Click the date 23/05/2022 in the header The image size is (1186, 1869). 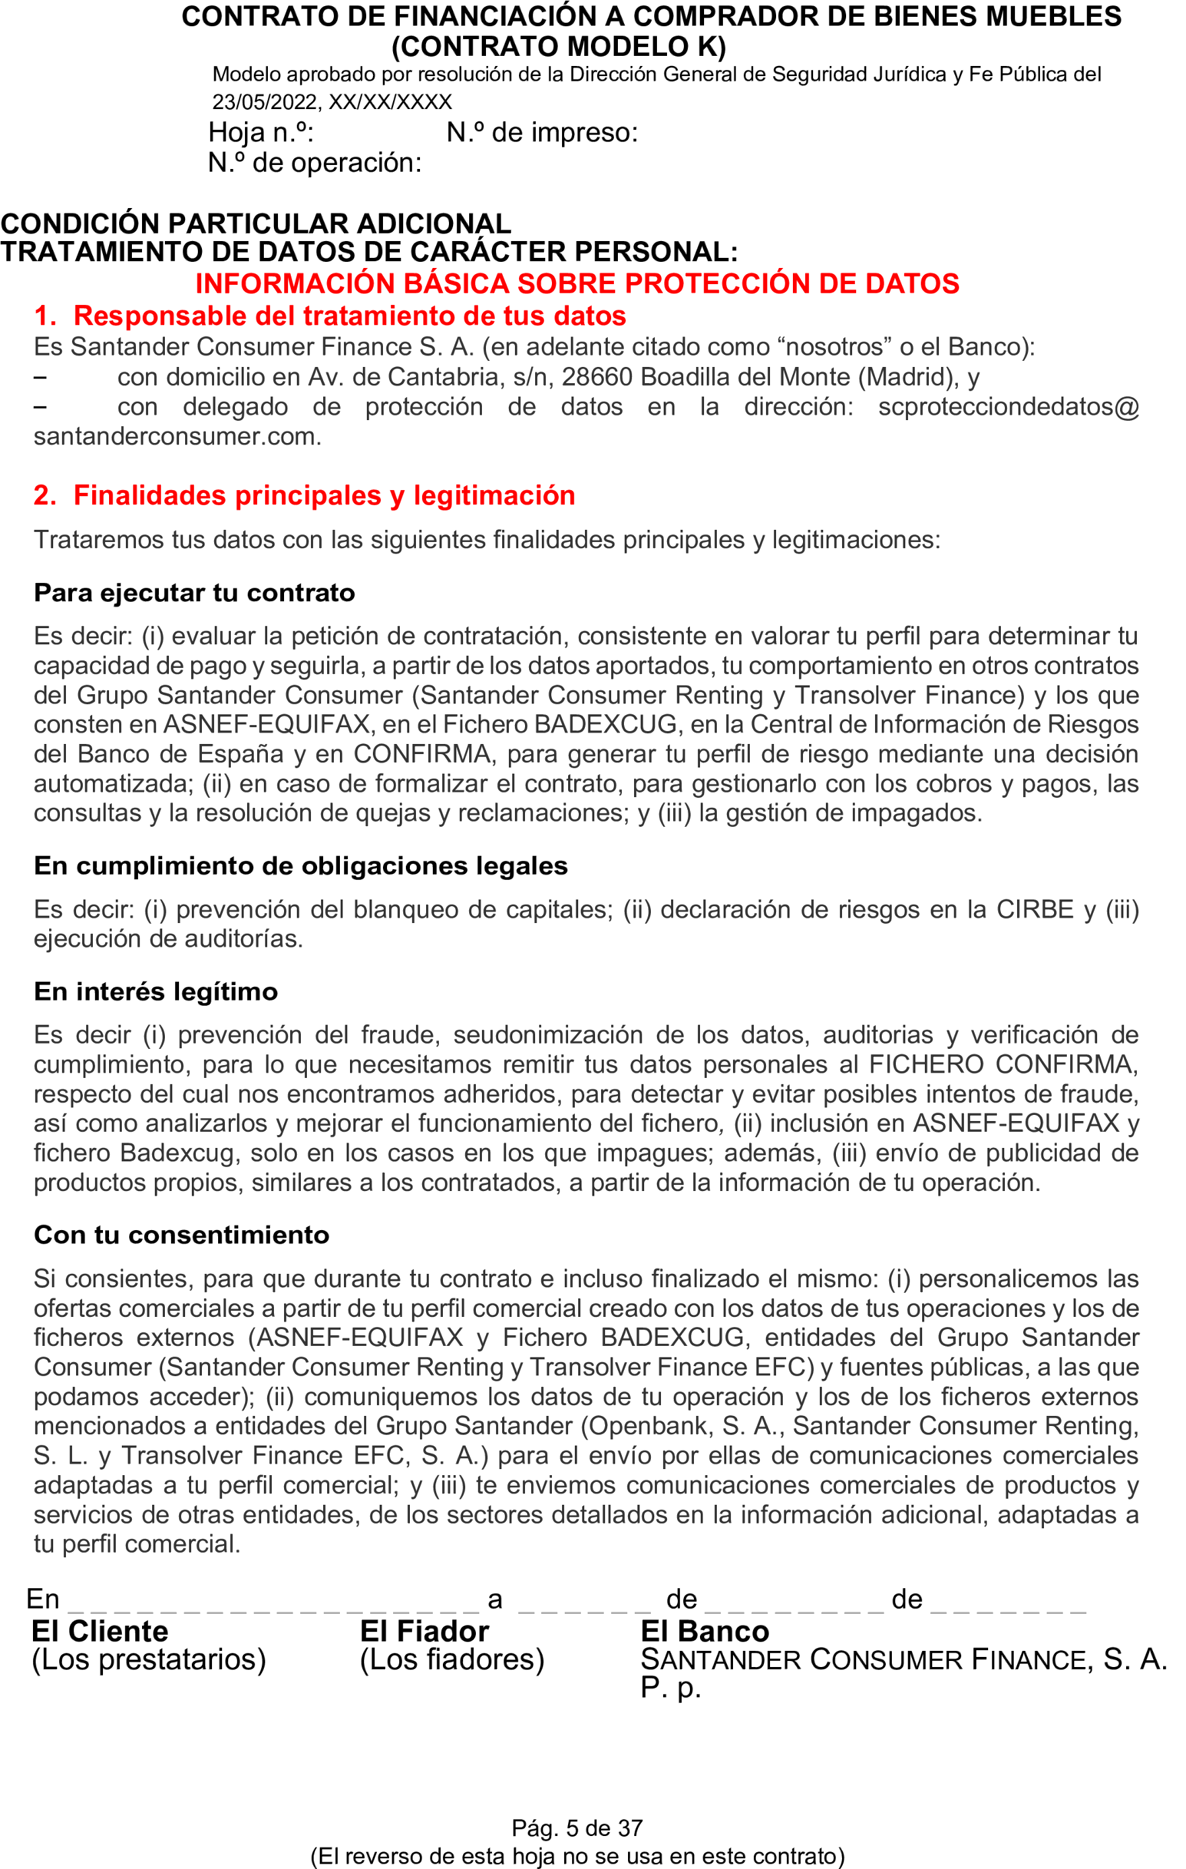(263, 102)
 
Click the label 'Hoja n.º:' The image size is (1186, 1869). (260, 133)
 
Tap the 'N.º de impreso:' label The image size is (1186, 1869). (542, 133)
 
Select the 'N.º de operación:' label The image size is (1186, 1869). (314, 163)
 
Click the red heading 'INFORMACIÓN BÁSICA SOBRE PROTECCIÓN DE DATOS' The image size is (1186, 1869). (577, 284)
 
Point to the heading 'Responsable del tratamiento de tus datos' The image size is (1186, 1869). (349, 316)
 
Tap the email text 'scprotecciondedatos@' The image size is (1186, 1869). (1008, 407)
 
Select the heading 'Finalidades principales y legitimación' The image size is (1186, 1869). (324, 496)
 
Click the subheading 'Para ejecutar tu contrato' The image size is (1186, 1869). (194, 593)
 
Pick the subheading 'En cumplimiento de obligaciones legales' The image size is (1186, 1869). (300, 866)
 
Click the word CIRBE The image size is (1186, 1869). (1035, 910)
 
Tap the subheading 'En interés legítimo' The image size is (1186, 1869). (155, 992)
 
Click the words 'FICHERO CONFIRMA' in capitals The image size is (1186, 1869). (1003, 1065)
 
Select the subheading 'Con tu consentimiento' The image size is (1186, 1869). (181, 1235)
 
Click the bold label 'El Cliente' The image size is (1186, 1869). (100, 1631)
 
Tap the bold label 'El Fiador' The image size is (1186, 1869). (424, 1631)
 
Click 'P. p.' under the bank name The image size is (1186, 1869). (670, 1687)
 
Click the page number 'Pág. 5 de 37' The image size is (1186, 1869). (577, 1829)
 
